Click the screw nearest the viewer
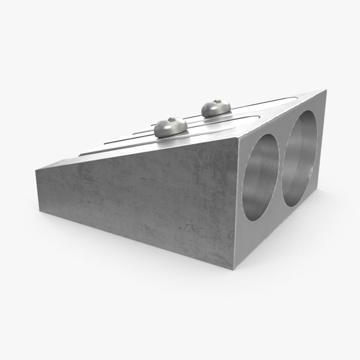point(169,127)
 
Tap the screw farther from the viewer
point(216,108)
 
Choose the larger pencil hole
point(298,158)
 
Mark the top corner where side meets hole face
point(238,137)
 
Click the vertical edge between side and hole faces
point(237,204)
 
